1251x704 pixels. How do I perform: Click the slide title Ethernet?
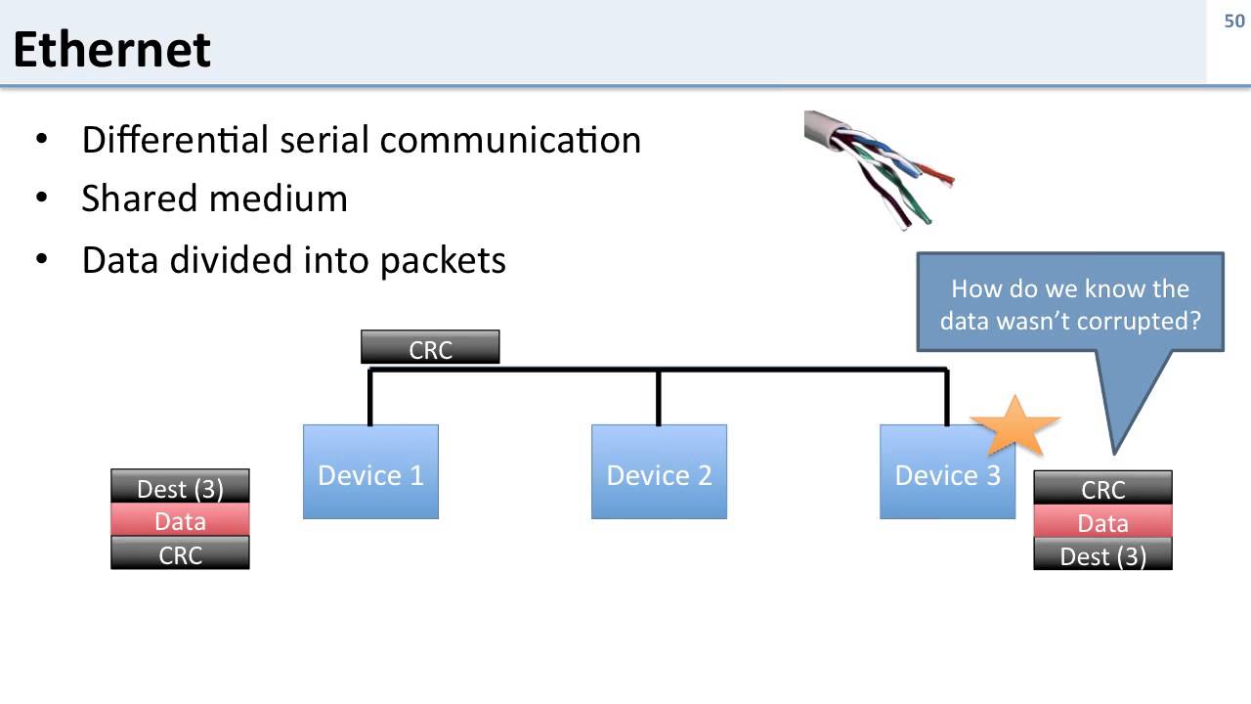click(111, 49)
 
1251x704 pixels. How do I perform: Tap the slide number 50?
click(1233, 22)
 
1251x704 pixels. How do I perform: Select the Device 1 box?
click(370, 472)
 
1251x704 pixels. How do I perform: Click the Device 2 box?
click(659, 472)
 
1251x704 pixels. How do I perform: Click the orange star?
click(1014, 426)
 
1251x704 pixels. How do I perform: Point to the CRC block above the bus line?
click(430, 347)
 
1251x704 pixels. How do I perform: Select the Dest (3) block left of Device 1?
click(180, 487)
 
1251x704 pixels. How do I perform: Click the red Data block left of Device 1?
click(180, 520)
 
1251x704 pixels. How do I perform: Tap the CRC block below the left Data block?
click(180, 553)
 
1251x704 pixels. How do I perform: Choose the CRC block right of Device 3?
click(1102, 488)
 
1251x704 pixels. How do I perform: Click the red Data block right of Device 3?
click(1102, 522)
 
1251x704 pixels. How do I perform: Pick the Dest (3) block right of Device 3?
click(1102, 555)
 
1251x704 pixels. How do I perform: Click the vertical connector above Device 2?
click(659, 398)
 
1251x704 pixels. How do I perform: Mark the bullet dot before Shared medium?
click(41, 199)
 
